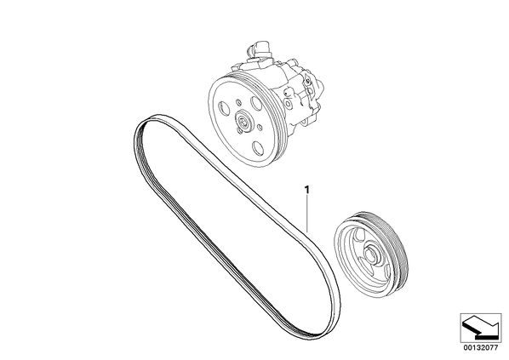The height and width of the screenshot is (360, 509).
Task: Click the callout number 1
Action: (307, 190)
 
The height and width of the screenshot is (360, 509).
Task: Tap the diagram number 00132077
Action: (480, 348)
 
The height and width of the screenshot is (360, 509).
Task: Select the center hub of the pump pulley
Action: (243, 121)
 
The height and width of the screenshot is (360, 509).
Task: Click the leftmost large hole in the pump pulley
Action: (224, 108)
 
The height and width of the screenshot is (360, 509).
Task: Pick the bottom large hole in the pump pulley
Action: (259, 148)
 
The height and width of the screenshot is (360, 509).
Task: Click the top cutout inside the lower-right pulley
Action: (357, 236)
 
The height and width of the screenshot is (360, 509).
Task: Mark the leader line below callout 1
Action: (307, 214)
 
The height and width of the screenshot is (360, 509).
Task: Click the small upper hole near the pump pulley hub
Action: (238, 103)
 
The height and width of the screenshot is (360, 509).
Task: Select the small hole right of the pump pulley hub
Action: (260, 127)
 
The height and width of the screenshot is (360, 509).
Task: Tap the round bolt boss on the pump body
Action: (288, 104)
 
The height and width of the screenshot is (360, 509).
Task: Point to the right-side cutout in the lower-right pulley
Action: (387, 270)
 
